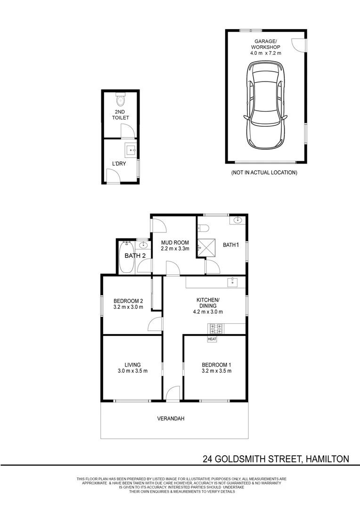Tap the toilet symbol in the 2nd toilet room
120,99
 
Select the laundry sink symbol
131,150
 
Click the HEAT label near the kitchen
212,339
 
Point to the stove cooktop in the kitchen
215,329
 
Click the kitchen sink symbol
232,282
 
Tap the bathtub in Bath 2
126,257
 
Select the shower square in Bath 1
206,247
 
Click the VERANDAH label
171,419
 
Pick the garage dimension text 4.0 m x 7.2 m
266,53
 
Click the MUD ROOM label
175,243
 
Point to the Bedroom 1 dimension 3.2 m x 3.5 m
217,371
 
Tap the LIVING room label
133,364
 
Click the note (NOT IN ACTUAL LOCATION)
264,172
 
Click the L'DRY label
119,164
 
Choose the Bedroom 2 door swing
155,324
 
